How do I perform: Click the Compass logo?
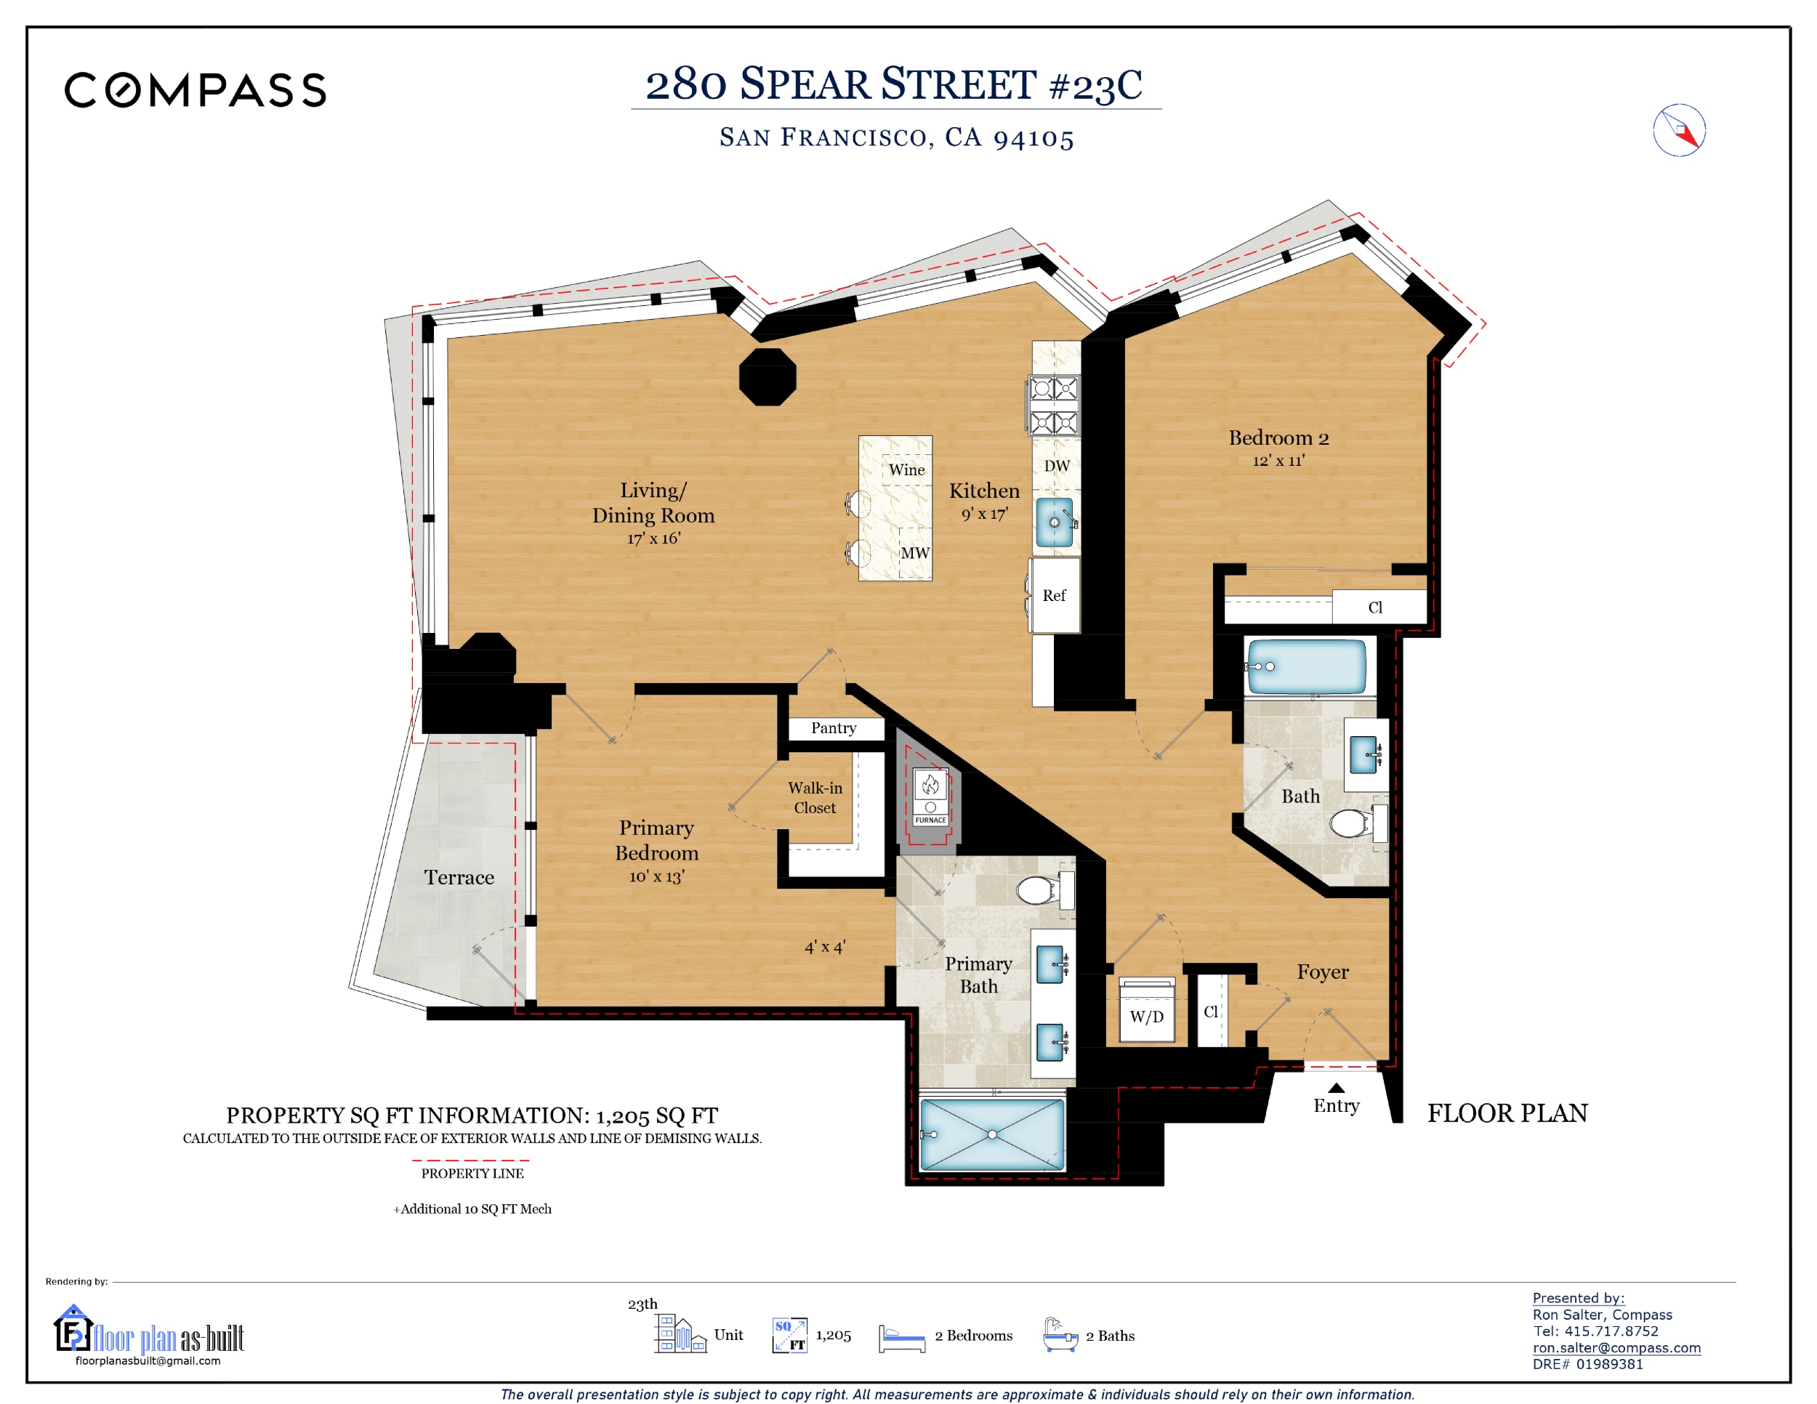(x=196, y=90)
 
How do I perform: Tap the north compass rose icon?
(x=1679, y=131)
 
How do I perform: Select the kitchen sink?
(x=1054, y=522)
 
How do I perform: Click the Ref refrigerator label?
(x=1053, y=595)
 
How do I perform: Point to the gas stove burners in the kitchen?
(x=1054, y=406)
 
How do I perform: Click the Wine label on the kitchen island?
(x=906, y=470)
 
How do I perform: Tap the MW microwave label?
(x=915, y=553)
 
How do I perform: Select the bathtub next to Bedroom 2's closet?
(x=1306, y=666)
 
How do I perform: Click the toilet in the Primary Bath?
(x=1045, y=889)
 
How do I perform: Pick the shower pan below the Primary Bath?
(x=991, y=1134)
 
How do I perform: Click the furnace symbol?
(x=930, y=796)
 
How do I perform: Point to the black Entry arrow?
(x=1336, y=1088)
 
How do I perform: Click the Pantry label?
(x=833, y=727)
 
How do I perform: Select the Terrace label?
(x=459, y=878)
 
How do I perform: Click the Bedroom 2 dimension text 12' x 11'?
(x=1278, y=460)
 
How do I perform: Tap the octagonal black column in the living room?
(x=767, y=376)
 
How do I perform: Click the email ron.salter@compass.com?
(x=1616, y=1347)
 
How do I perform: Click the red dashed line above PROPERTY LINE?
(x=471, y=1160)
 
